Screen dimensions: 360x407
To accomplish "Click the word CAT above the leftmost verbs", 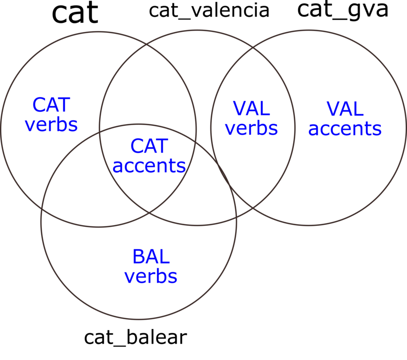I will (x=51, y=105).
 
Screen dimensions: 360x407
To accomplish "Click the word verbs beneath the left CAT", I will (x=51, y=125).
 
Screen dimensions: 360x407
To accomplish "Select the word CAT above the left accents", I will (x=149, y=146).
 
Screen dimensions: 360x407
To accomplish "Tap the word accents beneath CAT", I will (x=149, y=166).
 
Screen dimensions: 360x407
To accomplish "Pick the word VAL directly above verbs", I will (x=251, y=109).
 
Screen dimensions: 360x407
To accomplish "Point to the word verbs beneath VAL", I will (x=251, y=128).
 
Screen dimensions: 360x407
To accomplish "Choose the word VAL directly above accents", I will (x=345, y=110).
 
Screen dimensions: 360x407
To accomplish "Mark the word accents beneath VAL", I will (x=345, y=129).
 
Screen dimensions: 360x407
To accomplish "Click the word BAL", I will (x=151, y=257).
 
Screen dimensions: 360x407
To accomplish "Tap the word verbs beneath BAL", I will (x=151, y=277).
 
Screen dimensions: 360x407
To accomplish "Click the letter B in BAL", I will (x=138, y=257).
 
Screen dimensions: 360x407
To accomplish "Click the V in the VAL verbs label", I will (x=239, y=109).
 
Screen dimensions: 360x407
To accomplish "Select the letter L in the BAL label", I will (x=164, y=257).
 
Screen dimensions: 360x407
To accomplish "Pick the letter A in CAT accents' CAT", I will (x=149, y=146).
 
